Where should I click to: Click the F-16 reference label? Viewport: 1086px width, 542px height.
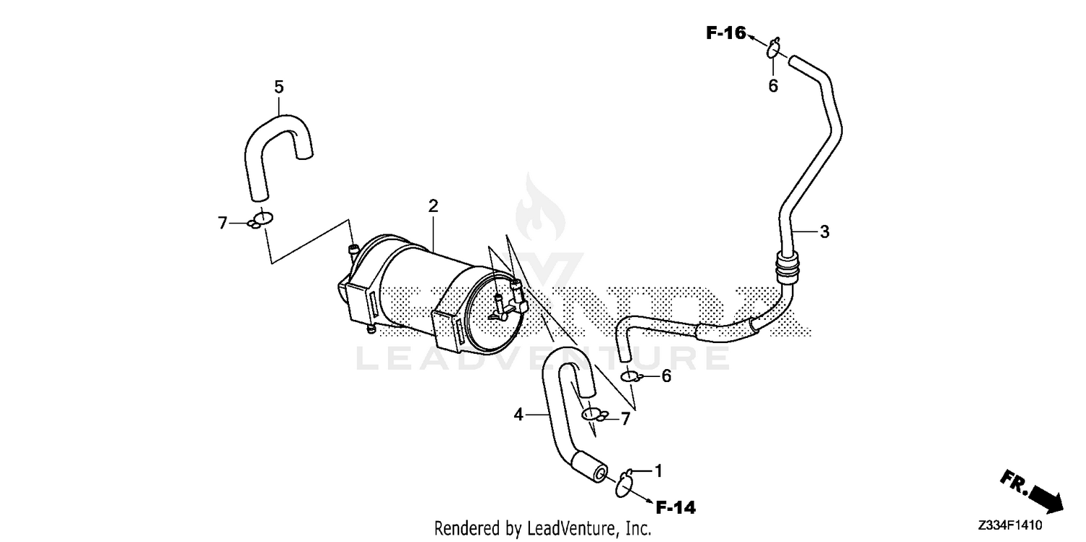[x=725, y=33]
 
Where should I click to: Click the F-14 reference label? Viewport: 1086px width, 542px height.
[x=675, y=507]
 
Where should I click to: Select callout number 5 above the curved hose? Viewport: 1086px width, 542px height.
[x=279, y=87]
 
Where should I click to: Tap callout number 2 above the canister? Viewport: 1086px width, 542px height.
[x=433, y=206]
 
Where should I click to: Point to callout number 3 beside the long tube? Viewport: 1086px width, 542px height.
[x=824, y=232]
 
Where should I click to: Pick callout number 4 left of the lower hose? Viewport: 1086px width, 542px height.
[x=518, y=415]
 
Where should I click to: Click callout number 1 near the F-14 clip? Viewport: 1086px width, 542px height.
[x=658, y=471]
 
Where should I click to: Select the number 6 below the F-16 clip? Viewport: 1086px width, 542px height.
[x=773, y=86]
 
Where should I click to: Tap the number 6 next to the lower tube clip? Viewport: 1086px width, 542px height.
[x=667, y=376]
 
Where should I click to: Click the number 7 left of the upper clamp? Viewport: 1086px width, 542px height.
[x=222, y=224]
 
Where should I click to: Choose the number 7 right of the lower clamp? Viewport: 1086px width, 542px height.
[x=626, y=419]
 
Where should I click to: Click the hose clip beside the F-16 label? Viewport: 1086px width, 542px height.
[x=773, y=48]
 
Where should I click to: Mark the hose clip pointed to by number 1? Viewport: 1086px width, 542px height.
[x=624, y=484]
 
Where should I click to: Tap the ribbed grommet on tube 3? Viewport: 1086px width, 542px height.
[x=788, y=267]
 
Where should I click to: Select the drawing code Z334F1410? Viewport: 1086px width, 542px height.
[x=1009, y=525]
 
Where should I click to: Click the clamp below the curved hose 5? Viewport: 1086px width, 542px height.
[x=260, y=219]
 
